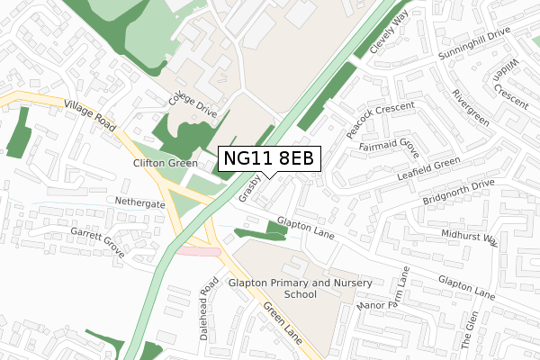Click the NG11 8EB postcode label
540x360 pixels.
pyautogui.click(x=269, y=158)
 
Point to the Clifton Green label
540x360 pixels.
pyautogui.click(x=165, y=164)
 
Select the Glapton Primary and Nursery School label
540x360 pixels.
pyautogui.click(x=300, y=289)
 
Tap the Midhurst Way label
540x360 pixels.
pyautogui.click(x=469, y=238)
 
